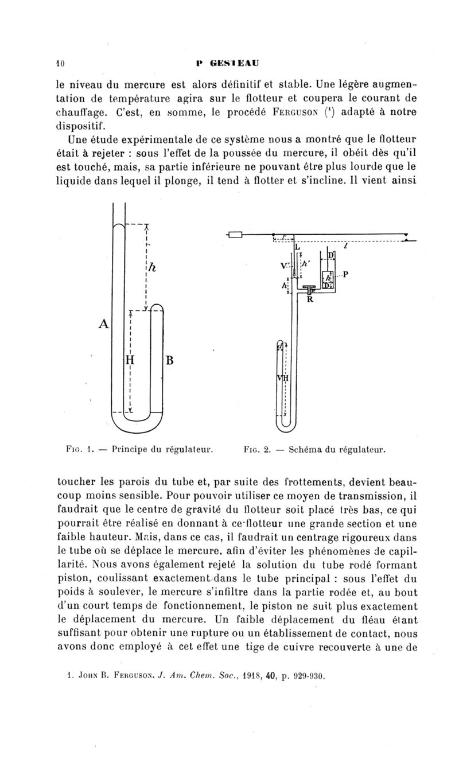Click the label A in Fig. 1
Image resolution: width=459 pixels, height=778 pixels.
point(103,324)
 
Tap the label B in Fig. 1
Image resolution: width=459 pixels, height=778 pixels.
point(170,361)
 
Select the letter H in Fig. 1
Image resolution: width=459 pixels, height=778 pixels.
point(130,361)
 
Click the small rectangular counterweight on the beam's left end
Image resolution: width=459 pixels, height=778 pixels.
point(235,234)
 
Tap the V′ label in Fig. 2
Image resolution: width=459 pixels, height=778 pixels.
point(285,265)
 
